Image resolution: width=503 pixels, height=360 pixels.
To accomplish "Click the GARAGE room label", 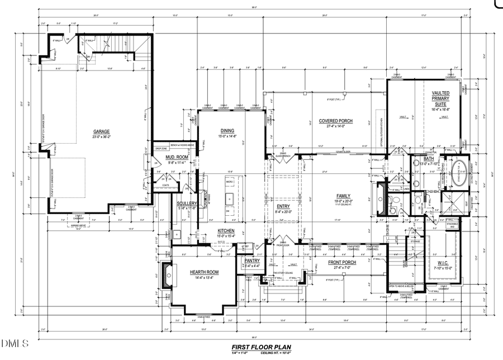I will coord(102,132).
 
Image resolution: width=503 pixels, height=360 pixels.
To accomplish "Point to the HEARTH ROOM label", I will coord(203,272).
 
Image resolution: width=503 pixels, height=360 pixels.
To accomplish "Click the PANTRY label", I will coord(251,260).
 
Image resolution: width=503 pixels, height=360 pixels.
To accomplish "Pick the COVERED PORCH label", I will coord(335,121).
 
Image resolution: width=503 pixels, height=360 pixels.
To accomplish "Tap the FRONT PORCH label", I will coord(342,262).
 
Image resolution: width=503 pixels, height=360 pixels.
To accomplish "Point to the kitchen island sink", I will coord(230,198).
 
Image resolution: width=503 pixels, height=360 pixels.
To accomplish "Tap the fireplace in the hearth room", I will coord(167,274).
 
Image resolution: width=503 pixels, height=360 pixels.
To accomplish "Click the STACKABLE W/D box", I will coord(453,225).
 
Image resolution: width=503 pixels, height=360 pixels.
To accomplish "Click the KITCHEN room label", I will coord(226,231).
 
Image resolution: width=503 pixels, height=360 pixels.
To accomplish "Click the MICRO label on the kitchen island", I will coord(229,182).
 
